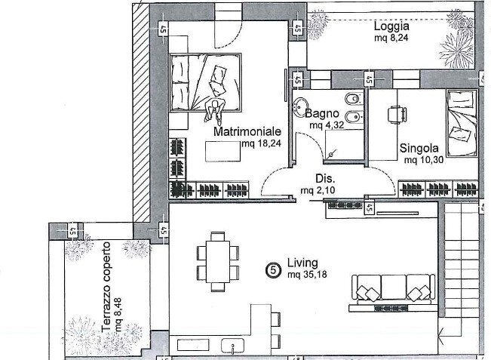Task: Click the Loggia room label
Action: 391,27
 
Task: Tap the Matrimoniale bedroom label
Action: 247,131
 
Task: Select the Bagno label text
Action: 322,113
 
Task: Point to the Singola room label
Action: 419,148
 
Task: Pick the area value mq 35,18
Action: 307,275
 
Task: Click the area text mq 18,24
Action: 262,143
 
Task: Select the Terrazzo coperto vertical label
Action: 107,287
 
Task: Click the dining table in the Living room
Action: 218,261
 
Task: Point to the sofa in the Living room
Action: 393,288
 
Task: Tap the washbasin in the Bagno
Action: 301,105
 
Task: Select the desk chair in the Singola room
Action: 397,114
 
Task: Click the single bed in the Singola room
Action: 462,123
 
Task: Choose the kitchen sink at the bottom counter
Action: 232,345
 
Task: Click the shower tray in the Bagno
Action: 344,145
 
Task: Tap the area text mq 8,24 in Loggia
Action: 391,38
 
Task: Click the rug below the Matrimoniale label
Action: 223,152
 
